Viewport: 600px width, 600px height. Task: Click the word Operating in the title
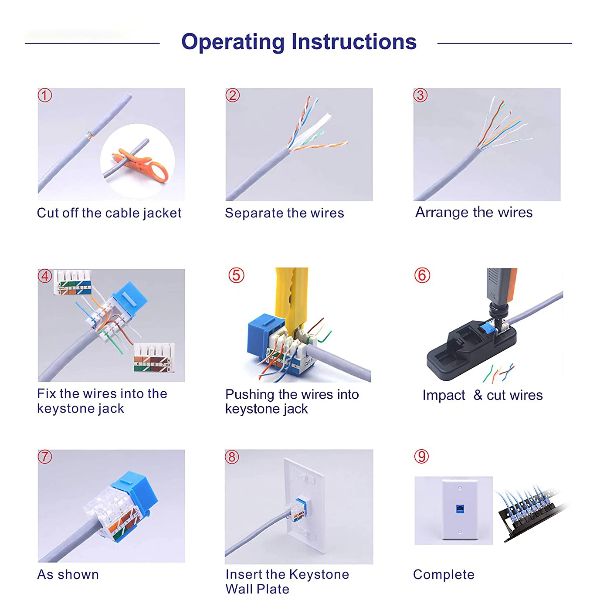(233, 42)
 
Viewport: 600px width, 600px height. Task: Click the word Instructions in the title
(354, 41)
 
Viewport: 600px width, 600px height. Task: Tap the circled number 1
(45, 95)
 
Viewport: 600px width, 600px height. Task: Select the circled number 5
(236, 275)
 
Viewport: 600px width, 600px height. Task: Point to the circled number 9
(422, 456)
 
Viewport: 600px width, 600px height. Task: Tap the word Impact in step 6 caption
(444, 396)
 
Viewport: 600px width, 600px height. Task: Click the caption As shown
(68, 574)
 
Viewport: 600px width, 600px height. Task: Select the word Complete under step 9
(444, 575)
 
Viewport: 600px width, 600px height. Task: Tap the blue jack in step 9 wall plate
(459, 510)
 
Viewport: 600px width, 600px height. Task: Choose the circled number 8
(232, 457)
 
